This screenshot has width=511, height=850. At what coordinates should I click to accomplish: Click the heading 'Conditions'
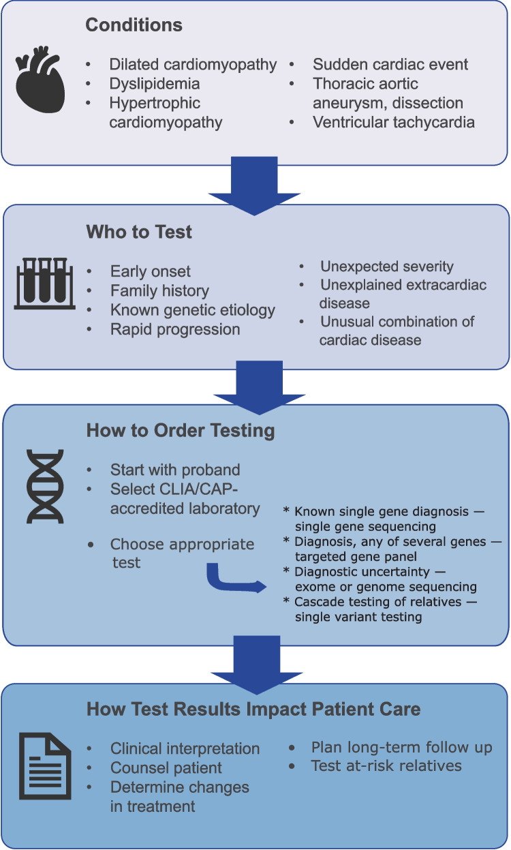tap(134, 26)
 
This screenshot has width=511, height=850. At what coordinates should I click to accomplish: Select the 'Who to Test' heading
tap(139, 232)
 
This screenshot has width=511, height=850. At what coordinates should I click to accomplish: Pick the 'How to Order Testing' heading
tap(181, 431)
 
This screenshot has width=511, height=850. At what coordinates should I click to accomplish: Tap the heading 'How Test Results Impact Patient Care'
tap(253, 709)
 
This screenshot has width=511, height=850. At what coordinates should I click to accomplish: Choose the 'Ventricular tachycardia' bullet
tap(394, 123)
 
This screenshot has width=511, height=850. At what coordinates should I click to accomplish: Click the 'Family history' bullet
tap(159, 291)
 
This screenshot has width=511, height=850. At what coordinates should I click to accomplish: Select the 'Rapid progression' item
tap(175, 329)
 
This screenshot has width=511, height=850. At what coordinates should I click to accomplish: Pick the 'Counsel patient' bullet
tap(166, 768)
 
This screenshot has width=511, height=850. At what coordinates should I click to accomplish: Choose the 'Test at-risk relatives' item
tap(386, 765)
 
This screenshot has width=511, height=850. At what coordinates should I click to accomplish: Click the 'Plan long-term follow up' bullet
tap(401, 747)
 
